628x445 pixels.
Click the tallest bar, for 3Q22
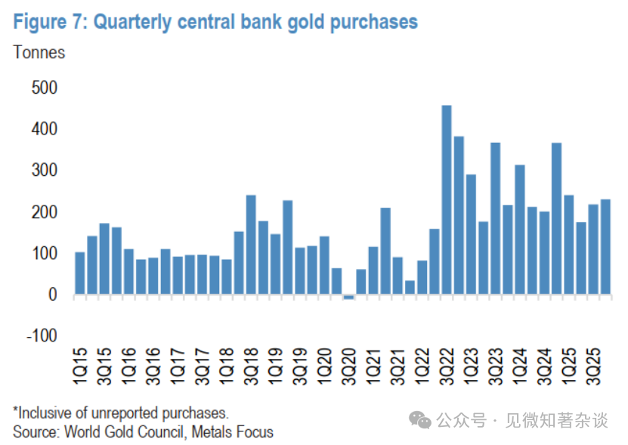(446, 200)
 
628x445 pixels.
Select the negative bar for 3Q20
(348, 297)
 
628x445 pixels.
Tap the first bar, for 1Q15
(79, 273)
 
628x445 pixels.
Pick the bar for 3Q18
(251, 245)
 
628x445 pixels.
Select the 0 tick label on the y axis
(53, 295)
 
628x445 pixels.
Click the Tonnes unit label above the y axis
(39, 52)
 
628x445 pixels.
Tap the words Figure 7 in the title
(48, 22)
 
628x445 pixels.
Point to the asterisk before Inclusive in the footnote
(15, 412)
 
